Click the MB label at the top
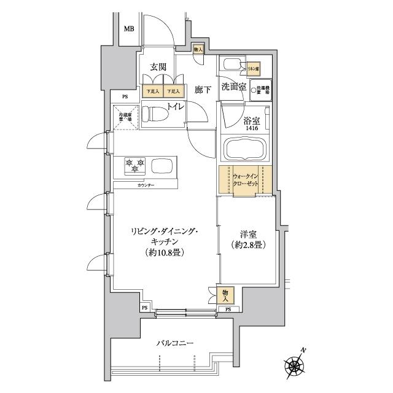click(x=129, y=29)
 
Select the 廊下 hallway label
click(x=203, y=90)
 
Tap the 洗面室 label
click(x=234, y=87)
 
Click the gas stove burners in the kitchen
click(x=135, y=164)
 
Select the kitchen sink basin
click(x=163, y=166)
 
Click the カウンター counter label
click(x=146, y=185)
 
